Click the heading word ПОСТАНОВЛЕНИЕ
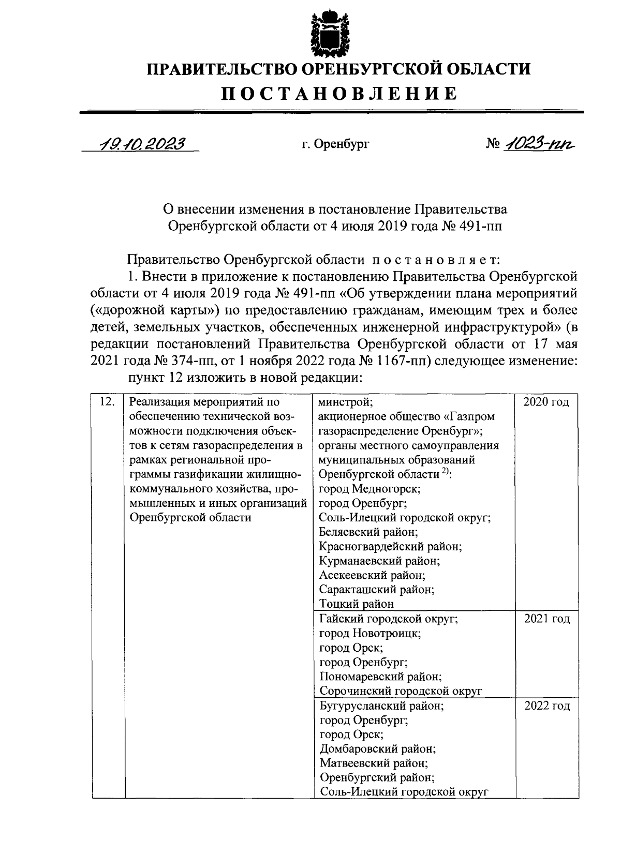339,94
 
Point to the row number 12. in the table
106,401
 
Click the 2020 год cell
546,402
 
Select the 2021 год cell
546,619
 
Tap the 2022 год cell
546,706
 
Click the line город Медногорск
369,488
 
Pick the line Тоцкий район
357,604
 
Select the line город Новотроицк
370,633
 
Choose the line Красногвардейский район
390,546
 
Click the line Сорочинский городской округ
401,691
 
